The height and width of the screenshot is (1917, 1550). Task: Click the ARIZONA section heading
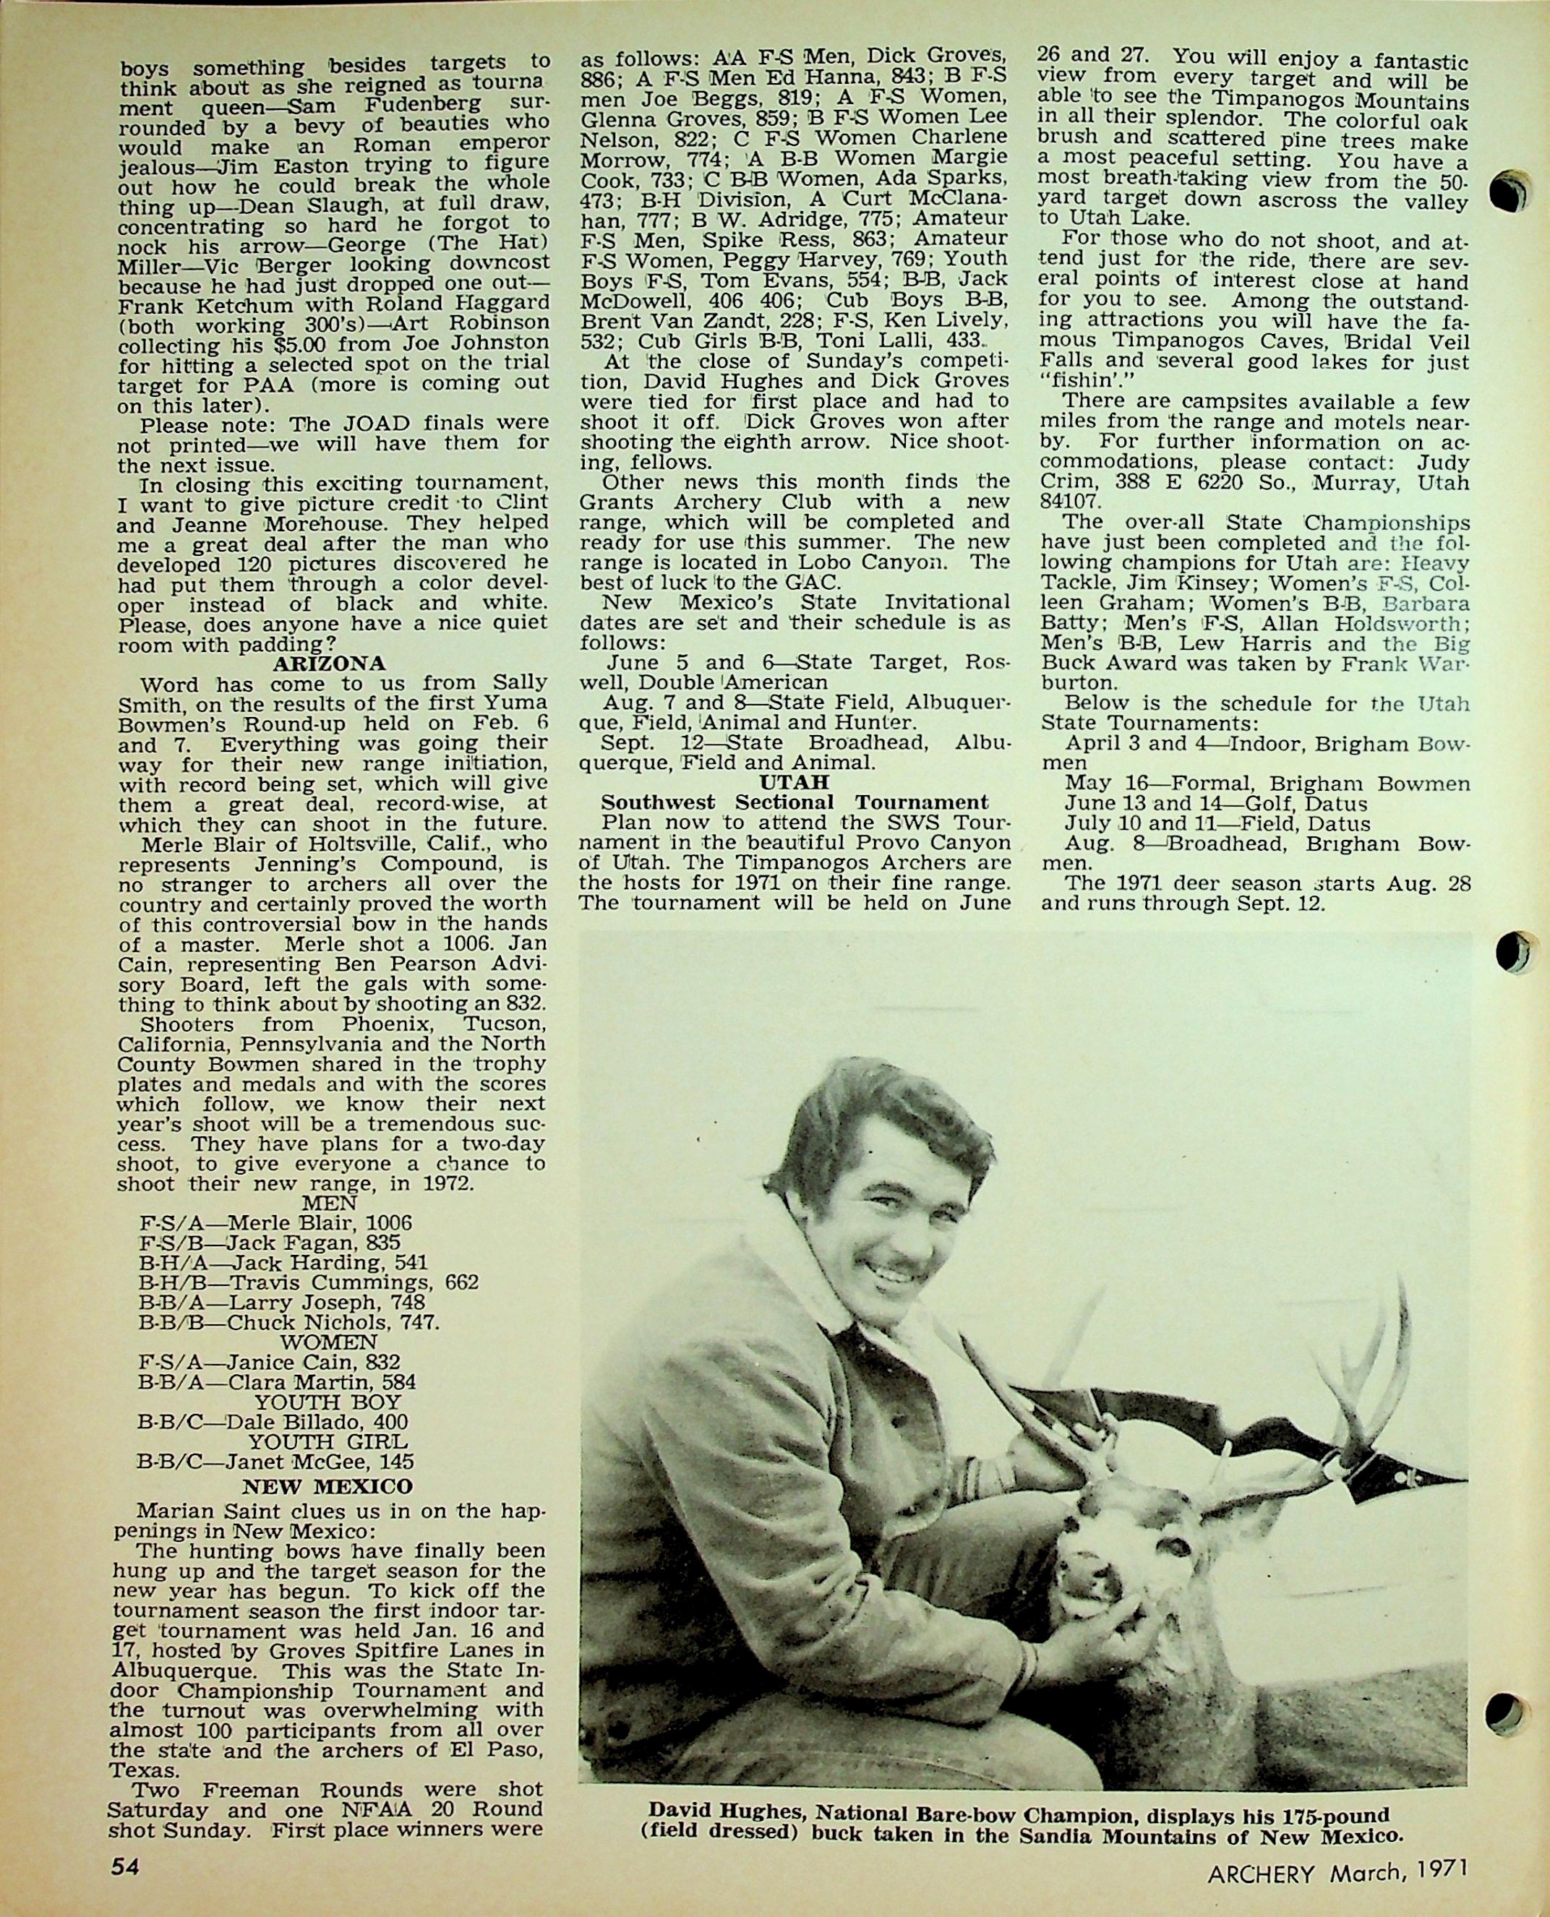coord(330,663)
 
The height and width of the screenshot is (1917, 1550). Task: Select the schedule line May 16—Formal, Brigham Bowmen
coord(1267,784)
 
